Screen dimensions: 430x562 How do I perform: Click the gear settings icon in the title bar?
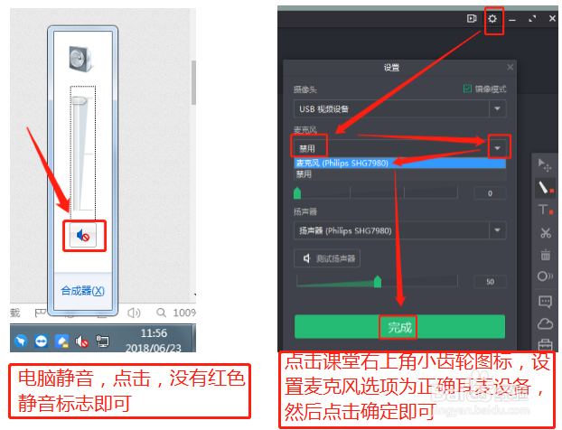(492, 19)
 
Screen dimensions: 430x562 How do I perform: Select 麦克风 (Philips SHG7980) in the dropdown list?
(348, 164)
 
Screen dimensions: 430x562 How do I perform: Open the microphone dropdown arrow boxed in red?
(498, 146)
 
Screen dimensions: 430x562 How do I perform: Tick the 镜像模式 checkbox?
(467, 89)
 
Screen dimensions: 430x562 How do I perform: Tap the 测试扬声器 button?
(328, 259)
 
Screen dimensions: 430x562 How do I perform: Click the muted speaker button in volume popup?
(83, 235)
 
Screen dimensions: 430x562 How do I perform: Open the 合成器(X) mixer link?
(82, 291)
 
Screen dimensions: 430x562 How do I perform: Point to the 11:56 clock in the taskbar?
(155, 332)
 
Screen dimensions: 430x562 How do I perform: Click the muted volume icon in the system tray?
(82, 341)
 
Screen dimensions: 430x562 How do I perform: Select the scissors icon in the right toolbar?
(545, 232)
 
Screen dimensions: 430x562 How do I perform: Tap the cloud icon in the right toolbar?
(545, 323)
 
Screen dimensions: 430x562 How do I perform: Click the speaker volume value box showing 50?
(490, 282)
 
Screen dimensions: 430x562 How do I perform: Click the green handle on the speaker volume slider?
(377, 282)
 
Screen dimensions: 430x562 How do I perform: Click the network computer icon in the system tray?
(102, 341)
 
